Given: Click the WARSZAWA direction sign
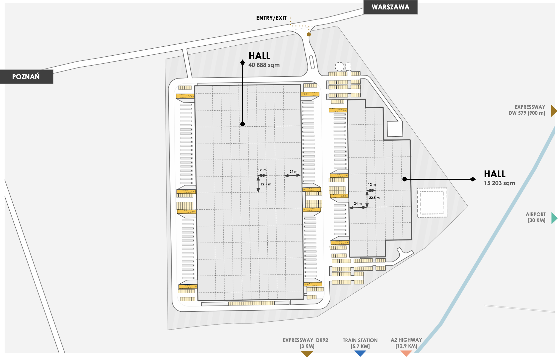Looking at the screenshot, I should [x=390, y=7].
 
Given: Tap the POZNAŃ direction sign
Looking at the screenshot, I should [x=26, y=77].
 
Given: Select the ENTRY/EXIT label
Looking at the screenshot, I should [x=271, y=18].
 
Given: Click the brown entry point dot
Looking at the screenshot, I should [x=309, y=35].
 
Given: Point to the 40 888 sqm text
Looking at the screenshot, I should [x=264, y=65].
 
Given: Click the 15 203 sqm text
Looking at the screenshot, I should [x=499, y=183].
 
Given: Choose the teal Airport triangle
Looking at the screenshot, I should [x=554, y=218].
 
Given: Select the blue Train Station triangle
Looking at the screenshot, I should [x=360, y=353].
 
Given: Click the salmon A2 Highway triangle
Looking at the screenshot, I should [x=406, y=353].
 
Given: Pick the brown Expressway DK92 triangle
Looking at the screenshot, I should [x=307, y=354].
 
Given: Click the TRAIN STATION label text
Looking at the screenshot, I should [x=360, y=341].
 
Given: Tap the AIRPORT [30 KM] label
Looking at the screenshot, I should [x=536, y=217].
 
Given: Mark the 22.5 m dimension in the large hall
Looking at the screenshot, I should [x=266, y=184].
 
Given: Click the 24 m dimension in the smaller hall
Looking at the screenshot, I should [x=358, y=204].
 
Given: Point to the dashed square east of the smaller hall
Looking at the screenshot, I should [x=432, y=203].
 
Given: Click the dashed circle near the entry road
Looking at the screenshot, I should [x=339, y=66].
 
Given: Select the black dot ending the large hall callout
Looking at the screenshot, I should [x=243, y=124].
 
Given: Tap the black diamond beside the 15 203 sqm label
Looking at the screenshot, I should [x=473, y=179].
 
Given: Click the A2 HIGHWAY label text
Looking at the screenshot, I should [x=406, y=340].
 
